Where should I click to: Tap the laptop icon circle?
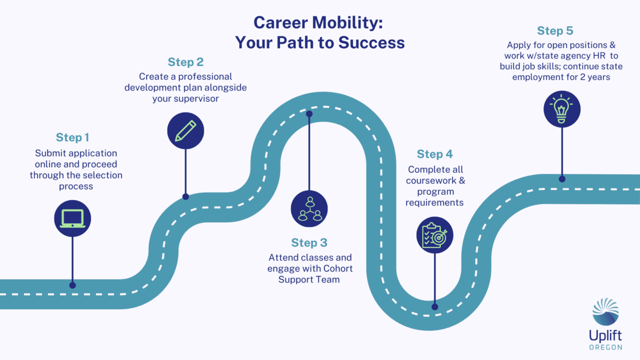[x=72, y=218]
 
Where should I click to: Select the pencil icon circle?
[x=185, y=130]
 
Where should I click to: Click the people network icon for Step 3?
[x=309, y=209]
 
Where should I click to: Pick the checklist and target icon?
[x=435, y=235]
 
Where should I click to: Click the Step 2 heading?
[x=185, y=62]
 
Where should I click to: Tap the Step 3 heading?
[x=309, y=243]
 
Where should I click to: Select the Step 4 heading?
[x=435, y=154]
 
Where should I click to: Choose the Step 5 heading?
[x=555, y=31]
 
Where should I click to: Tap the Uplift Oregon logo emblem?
[x=605, y=311]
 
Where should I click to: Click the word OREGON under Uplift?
[x=605, y=346]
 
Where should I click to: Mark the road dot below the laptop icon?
[x=72, y=285]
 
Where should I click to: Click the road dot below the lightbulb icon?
[x=562, y=178]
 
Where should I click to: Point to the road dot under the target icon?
[x=435, y=307]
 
